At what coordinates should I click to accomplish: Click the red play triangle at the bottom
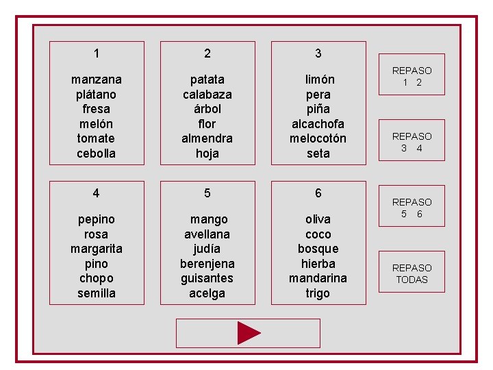tap(249, 333)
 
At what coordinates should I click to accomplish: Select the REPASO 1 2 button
tap(412, 76)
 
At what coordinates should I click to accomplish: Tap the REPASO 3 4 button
tap(412, 142)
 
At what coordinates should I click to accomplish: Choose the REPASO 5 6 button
tap(412, 208)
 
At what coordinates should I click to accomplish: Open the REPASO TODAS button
tap(412, 273)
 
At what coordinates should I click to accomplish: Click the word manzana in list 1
tap(97, 79)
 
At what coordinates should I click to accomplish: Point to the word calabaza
tap(207, 94)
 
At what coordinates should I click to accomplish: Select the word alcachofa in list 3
tap(318, 123)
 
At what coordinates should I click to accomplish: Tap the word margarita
tap(97, 249)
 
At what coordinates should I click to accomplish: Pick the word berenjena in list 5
tap(207, 264)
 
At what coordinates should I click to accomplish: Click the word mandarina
tap(318, 278)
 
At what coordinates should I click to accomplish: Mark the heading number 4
tap(97, 193)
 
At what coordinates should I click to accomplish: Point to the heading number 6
tap(318, 193)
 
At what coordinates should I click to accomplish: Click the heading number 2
tap(207, 53)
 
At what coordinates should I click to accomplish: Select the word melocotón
tap(318, 138)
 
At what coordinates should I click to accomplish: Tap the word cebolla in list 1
tap(97, 153)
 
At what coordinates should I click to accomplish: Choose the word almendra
tap(207, 138)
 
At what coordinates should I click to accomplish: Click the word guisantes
tap(207, 278)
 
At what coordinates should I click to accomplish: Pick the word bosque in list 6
tap(318, 249)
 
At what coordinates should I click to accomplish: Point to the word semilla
tap(97, 293)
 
